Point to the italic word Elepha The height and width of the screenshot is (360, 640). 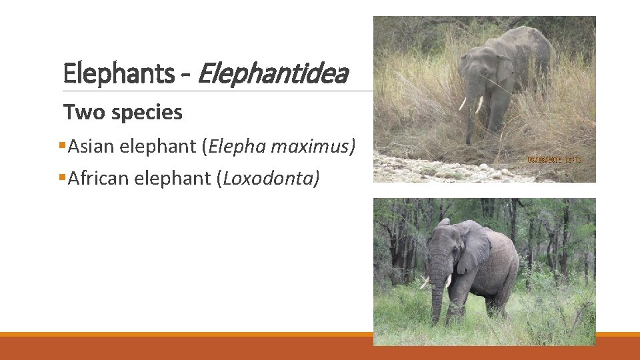(230, 147)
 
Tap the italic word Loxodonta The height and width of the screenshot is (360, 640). (271, 179)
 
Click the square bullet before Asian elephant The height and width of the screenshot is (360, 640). (63, 145)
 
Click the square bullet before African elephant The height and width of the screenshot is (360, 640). (63, 177)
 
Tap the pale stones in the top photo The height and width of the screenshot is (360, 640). (433, 167)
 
